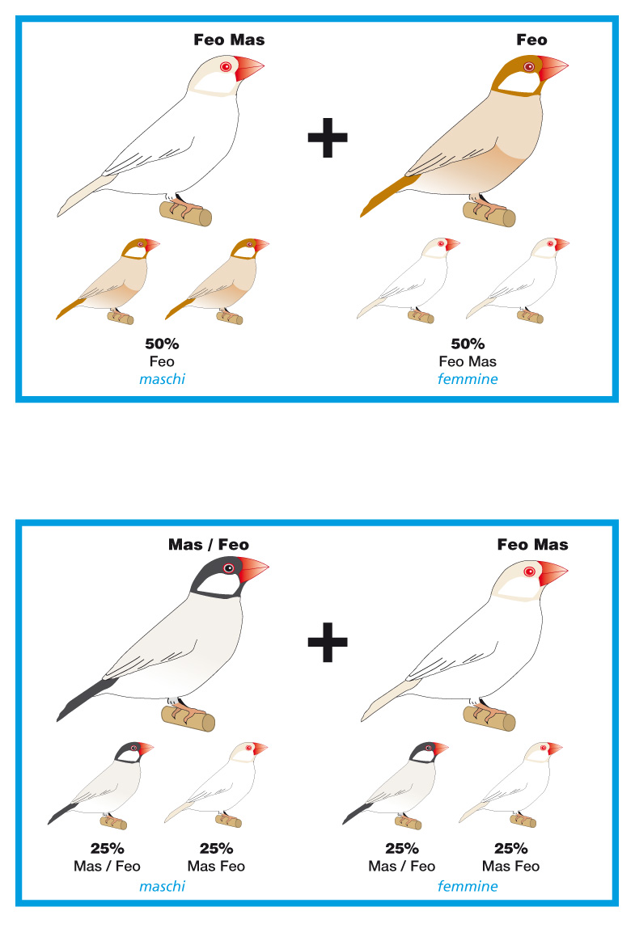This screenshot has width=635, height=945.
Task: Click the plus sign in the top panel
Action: pyautogui.click(x=328, y=137)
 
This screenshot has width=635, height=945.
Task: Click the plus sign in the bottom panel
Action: pyautogui.click(x=328, y=642)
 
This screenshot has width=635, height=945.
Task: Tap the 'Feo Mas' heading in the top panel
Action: pyautogui.click(x=229, y=40)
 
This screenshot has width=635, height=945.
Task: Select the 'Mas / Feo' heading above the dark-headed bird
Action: pyautogui.click(x=209, y=545)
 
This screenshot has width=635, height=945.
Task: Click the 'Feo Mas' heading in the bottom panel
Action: pyautogui.click(x=532, y=545)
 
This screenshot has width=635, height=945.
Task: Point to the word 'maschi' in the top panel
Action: pyautogui.click(x=163, y=379)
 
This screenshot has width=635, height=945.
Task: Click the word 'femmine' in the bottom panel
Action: pyautogui.click(x=468, y=886)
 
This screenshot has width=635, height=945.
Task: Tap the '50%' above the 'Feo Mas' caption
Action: pyautogui.click(x=468, y=344)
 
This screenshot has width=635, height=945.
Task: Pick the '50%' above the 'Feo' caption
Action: pyautogui.click(x=162, y=344)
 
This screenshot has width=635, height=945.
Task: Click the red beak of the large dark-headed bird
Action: pyautogui.click(x=252, y=570)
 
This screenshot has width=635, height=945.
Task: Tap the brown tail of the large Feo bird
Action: pyautogui.click(x=388, y=194)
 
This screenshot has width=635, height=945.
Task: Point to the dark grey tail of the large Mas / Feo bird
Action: pyautogui.click(x=86, y=698)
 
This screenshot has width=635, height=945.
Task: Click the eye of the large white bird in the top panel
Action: pyautogui.click(x=226, y=66)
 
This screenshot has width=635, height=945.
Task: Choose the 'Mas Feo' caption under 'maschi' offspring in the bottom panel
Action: pyautogui.click(x=216, y=866)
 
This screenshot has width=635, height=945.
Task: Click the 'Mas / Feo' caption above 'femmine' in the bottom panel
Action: pyautogui.click(x=401, y=866)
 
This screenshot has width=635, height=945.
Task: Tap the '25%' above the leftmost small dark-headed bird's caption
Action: pyautogui.click(x=108, y=849)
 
